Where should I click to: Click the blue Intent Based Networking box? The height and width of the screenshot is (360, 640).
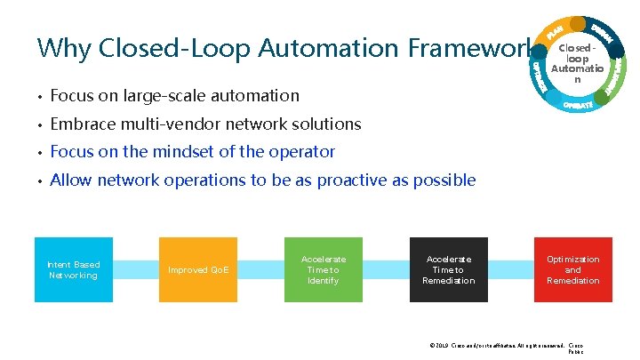74,269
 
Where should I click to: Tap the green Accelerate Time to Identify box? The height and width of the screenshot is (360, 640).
324,269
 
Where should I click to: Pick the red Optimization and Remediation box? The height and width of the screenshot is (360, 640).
573,269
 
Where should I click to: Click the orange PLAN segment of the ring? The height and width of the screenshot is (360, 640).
555,31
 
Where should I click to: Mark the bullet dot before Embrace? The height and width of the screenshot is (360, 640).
40,124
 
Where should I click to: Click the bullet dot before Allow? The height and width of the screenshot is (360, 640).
40,181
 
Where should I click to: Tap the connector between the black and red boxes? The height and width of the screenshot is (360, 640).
511,269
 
